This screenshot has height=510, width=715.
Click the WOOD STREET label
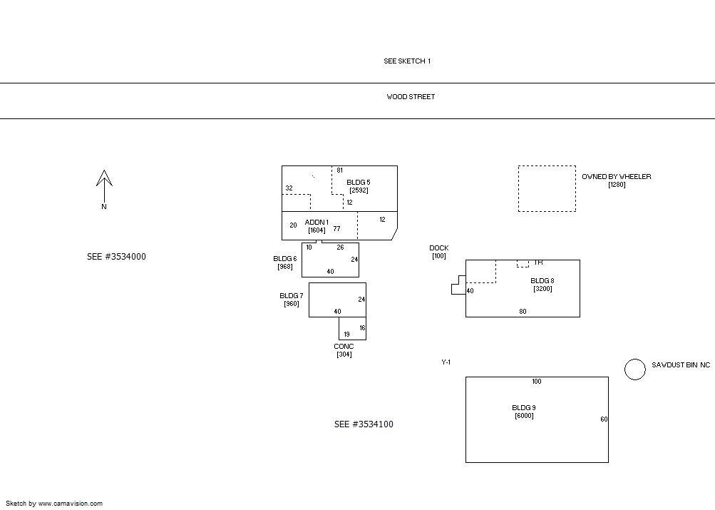pos(411,97)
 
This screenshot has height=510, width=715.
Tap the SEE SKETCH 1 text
pos(407,61)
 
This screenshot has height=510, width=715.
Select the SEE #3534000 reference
pos(116,256)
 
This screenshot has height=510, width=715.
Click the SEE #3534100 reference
pos(364,424)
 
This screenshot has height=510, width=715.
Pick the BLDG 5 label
pos(359,183)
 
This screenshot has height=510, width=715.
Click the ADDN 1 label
pos(317,222)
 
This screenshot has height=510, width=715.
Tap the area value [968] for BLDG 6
pos(285,267)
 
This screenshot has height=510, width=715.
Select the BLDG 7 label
pos(292,295)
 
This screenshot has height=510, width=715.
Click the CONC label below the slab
pos(344,347)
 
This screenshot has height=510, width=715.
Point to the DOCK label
pos(438,248)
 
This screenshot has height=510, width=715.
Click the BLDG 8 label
pos(542,281)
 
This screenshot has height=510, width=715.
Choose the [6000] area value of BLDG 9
pos(524,416)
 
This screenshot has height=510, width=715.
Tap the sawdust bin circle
pos(634,369)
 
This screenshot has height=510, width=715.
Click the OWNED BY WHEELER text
pos(617,177)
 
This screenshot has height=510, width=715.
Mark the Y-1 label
pos(446,362)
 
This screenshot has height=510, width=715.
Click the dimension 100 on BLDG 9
pos(536,382)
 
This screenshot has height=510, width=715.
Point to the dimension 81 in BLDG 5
pos(340,170)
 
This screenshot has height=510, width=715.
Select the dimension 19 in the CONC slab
pos(347,335)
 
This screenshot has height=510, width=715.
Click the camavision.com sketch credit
pos(53,504)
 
